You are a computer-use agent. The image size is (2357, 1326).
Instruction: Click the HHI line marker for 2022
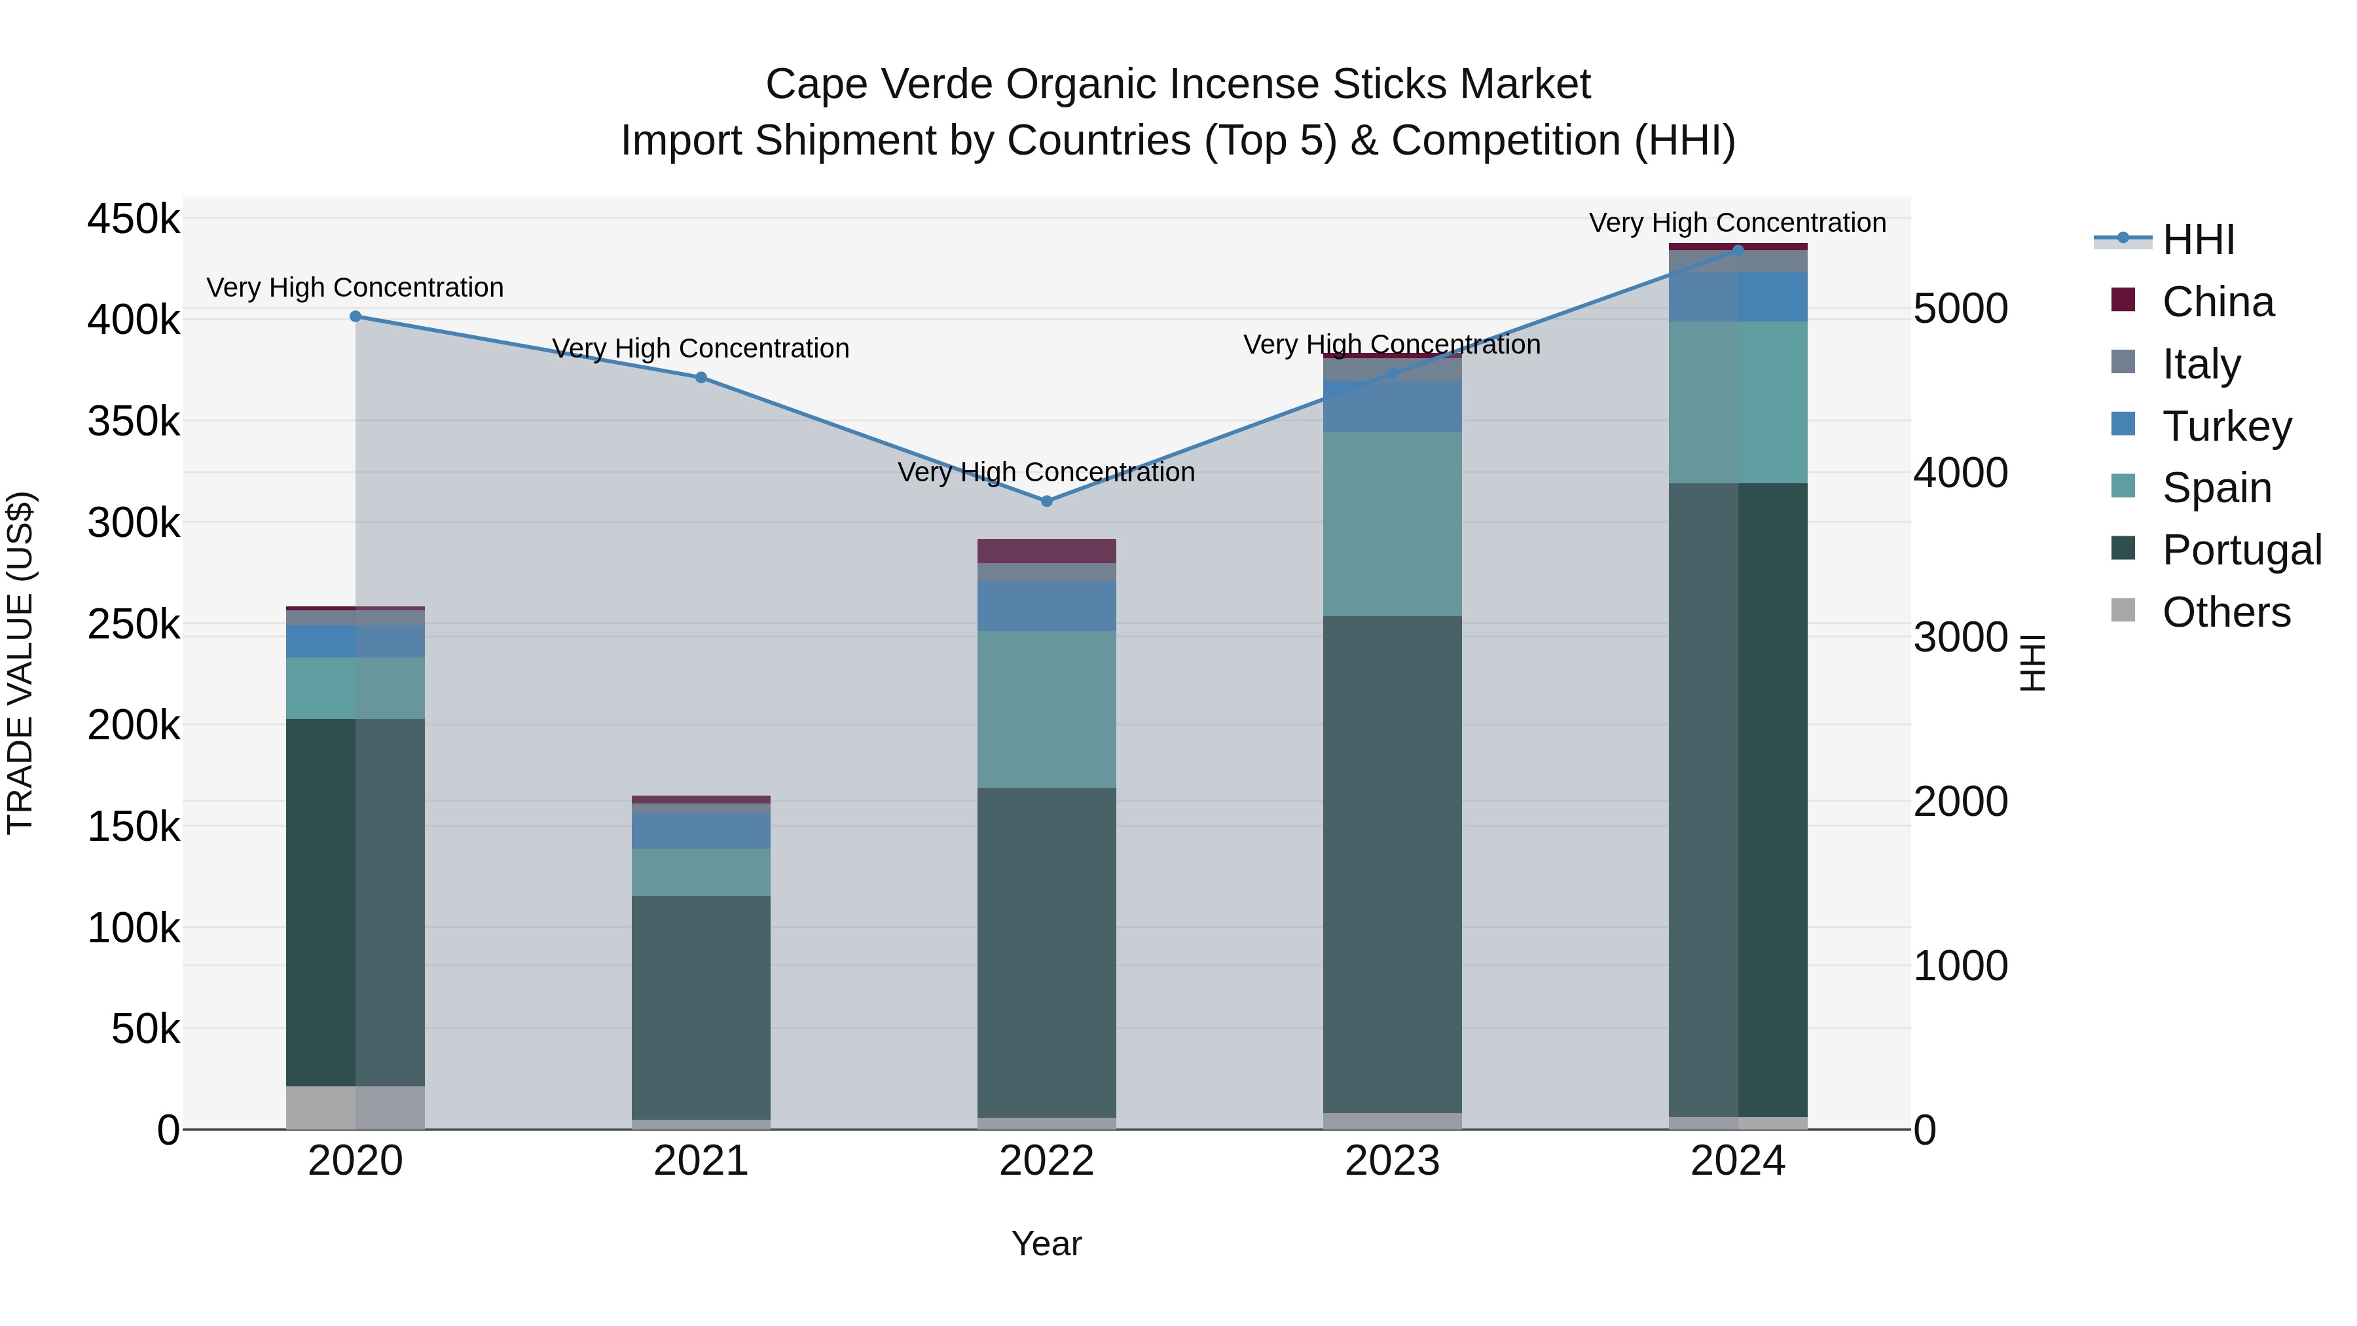coord(1047,502)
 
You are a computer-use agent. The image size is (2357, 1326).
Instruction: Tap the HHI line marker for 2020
coord(356,317)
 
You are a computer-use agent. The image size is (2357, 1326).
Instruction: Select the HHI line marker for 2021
coord(701,378)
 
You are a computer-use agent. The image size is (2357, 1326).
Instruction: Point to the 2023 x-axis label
coord(1392,1161)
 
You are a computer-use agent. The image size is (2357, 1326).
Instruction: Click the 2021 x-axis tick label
coord(701,1161)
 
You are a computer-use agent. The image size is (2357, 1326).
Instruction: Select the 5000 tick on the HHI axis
coord(1960,308)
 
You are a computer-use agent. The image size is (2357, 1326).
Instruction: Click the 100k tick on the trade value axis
coord(134,929)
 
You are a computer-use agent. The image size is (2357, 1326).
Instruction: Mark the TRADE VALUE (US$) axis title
coord(21,663)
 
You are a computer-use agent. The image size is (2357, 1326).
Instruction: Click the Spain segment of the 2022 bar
coord(1047,709)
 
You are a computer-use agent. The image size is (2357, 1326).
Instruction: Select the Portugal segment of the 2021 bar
coord(701,1006)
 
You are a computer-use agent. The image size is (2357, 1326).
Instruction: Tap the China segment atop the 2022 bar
coord(1047,551)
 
